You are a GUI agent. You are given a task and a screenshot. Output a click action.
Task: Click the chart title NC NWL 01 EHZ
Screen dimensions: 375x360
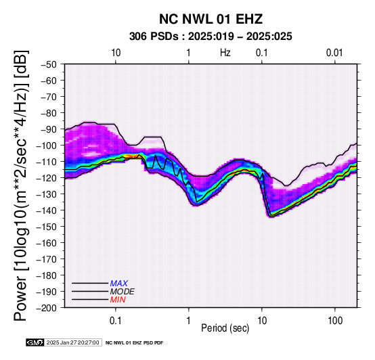(211, 19)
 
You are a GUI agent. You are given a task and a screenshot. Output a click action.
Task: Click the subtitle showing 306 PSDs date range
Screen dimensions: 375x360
(211, 37)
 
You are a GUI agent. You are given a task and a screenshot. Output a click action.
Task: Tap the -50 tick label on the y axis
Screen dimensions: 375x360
(48, 64)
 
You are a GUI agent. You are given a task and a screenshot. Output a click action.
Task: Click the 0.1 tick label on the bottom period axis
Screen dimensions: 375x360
(116, 321)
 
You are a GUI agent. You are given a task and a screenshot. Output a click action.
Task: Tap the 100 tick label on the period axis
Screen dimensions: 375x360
(335, 321)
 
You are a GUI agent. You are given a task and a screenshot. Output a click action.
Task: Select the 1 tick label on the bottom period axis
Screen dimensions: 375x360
(189, 321)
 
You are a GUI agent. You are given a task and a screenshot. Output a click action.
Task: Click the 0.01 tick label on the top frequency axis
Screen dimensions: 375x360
(334, 53)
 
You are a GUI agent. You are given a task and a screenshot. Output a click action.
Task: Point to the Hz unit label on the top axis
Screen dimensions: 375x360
(225, 53)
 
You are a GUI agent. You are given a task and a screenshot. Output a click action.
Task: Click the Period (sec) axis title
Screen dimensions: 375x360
(225, 328)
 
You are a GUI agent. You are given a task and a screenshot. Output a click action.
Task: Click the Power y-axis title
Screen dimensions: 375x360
(20, 185)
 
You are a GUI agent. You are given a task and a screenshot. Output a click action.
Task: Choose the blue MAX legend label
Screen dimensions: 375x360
(119, 284)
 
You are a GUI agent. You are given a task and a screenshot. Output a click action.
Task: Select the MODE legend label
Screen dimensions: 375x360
(123, 292)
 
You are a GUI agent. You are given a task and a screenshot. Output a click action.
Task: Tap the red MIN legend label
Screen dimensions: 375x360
(118, 300)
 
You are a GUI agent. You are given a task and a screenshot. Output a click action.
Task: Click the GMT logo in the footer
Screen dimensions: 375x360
(35, 342)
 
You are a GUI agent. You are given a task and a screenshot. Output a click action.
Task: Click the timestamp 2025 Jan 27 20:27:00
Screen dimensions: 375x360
(72, 342)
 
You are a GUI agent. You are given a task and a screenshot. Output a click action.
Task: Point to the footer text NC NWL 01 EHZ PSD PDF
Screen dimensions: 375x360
(135, 343)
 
